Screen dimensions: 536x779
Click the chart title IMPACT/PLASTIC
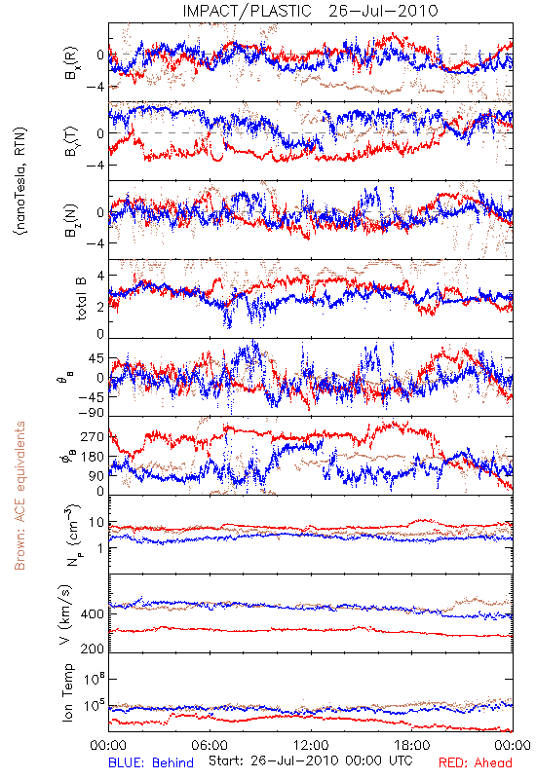pos(247,11)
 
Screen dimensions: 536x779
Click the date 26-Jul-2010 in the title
pos(383,11)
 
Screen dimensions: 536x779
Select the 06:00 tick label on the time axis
pos(210,745)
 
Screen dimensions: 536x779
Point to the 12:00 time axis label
pos(311,745)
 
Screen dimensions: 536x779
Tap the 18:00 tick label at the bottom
pos(412,745)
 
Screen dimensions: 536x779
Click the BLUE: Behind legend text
pos(151,762)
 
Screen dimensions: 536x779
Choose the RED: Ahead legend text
pos(475,762)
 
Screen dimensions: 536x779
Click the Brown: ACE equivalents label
pos(19,496)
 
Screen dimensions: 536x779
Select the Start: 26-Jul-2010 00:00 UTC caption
pos(310,760)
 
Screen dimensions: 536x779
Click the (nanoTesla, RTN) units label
pos(20,180)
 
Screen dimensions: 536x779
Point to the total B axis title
pos(81,298)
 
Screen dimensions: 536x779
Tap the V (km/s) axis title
pos(65,614)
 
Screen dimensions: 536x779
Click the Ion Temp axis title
pos(67,692)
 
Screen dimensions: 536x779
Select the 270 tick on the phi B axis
pos(93,436)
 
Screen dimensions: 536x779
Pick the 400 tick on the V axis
pos(93,614)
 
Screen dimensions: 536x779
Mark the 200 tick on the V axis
pos(93,649)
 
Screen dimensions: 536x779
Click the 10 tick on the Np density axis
pos(96,523)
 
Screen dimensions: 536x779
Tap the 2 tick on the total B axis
pos(100,307)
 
